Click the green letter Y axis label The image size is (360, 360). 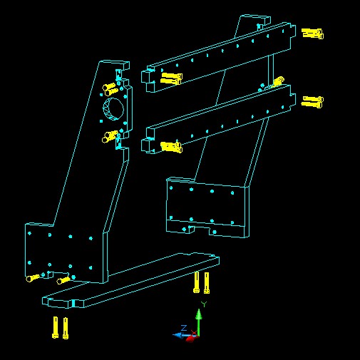[204, 304]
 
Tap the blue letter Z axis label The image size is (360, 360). [184, 328]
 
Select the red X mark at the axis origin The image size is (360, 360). [194, 333]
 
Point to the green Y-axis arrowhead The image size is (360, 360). [199, 314]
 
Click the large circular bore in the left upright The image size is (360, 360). [113, 109]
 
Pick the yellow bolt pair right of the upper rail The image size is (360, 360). [312, 34]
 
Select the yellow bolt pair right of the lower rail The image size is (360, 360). [312, 102]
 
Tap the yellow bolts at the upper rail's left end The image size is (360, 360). [171, 78]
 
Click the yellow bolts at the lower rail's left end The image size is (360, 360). [171, 147]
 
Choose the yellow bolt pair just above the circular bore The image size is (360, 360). [110, 89]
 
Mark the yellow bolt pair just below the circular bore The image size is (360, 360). [110, 137]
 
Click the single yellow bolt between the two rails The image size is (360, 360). [278, 81]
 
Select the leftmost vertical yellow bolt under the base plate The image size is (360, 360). [55, 327]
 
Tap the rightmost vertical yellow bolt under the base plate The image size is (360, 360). [207, 283]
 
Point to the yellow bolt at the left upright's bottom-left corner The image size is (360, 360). [33, 278]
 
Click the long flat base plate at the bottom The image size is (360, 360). [130, 280]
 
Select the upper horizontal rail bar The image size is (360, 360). [219, 57]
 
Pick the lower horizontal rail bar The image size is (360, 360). [219, 119]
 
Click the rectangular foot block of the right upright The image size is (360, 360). [207, 207]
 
